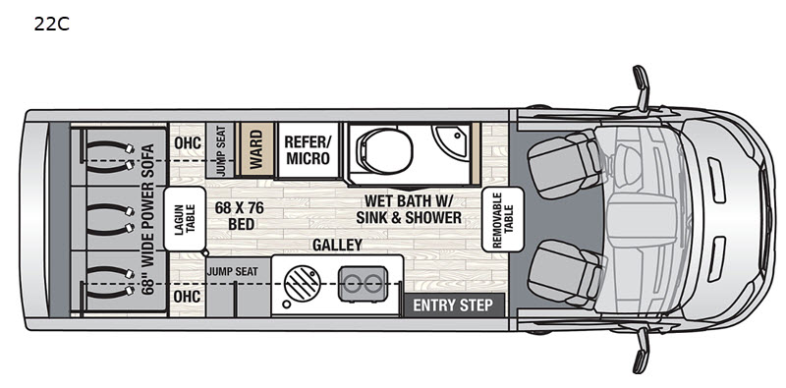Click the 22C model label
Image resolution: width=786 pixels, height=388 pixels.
(x=52, y=24)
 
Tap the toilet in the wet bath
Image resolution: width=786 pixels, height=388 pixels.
(x=384, y=149)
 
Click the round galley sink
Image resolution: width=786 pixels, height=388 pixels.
(x=302, y=284)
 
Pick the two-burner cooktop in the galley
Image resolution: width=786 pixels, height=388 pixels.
(x=363, y=284)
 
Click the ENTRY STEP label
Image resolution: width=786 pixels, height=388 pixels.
(x=453, y=305)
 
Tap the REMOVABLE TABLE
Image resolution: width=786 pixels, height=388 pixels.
(x=502, y=220)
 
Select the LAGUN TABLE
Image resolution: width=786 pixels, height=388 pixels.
(x=185, y=219)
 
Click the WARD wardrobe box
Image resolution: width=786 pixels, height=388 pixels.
(x=256, y=149)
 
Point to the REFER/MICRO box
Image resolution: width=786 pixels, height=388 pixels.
(x=308, y=150)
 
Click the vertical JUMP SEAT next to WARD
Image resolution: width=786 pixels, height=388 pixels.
(x=220, y=150)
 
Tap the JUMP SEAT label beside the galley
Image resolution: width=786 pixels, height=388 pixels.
(x=233, y=272)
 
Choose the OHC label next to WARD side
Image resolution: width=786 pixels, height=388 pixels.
(x=188, y=142)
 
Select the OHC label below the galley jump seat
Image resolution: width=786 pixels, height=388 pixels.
(x=187, y=297)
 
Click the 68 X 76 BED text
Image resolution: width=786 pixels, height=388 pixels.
(x=240, y=215)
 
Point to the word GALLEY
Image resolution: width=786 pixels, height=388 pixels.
(x=337, y=245)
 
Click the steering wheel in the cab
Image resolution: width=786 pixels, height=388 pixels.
(x=626, y=165)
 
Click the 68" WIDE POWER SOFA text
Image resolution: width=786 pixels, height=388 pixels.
(x=148, y=219)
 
